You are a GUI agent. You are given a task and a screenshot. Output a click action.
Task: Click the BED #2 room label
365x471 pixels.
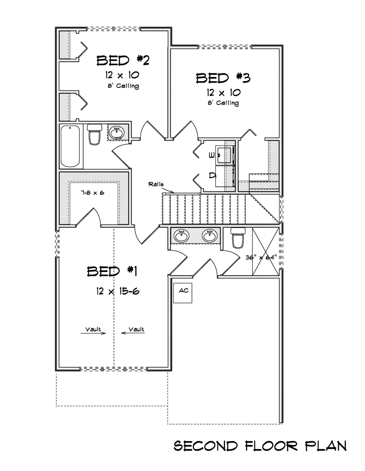point(123,61)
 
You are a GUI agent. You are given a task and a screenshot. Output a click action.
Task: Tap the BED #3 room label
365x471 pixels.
point(223,78)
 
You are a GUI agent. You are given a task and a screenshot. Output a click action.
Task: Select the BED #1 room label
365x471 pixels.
point(112,271)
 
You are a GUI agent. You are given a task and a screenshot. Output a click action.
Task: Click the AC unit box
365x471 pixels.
point(183,293)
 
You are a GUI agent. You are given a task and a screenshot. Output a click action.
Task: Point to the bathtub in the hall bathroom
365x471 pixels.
point(70,146)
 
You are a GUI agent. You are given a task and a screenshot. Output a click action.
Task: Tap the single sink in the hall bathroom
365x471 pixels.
point(117,133)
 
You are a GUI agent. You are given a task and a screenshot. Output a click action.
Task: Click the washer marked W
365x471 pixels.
point(224,155)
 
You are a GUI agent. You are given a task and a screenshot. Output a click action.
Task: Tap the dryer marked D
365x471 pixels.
point(224,176)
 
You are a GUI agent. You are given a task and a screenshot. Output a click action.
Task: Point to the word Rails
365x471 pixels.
point(156,184)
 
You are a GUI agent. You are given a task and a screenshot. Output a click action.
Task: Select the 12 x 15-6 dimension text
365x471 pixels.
point(118,291)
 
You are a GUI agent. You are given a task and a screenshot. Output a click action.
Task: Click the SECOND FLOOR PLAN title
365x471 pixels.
point(260,446)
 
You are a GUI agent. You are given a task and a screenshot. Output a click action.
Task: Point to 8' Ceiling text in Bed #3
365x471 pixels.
point(223,103)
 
